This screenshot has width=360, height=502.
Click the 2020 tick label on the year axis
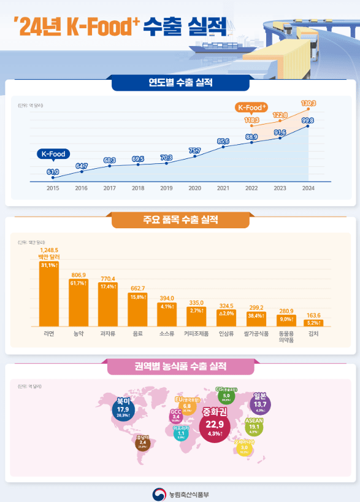click(x=194, y=188)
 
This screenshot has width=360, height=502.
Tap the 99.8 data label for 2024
click(x=308, y=120)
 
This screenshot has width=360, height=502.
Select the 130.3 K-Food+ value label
click(x=308, y=102)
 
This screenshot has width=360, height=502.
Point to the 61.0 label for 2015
click(x=53, y=171)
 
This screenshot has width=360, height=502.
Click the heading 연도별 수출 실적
click(x=180, y=82)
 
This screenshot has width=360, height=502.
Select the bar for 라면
click(x=49, y=294)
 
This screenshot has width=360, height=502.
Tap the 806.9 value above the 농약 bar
click(x=79, y=275)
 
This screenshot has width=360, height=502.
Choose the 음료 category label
click(x=138, y=334)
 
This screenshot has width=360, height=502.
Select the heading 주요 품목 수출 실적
click(x=180, y=220)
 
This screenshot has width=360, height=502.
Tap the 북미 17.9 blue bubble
click(x=123, y=408)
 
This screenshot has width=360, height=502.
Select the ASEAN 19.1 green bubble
click(x=254, y=426)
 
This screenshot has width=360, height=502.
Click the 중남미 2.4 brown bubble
click(x=142, y=443)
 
